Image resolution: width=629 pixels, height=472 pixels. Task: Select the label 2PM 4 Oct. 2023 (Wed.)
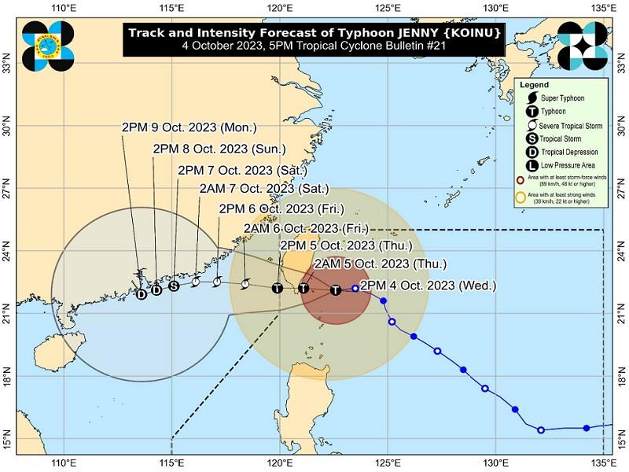click(428, 286)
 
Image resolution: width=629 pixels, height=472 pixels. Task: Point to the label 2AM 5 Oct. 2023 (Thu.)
click(380, 264)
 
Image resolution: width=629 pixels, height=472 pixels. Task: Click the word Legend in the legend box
click(534, 84)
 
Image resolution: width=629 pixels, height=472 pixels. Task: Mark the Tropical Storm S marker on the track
click(174, 286)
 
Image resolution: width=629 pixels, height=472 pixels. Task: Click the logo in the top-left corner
click(48, 44)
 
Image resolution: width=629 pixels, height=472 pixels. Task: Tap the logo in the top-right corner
click(583, 44)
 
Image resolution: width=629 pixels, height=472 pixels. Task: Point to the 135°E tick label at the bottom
click(603, 463)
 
